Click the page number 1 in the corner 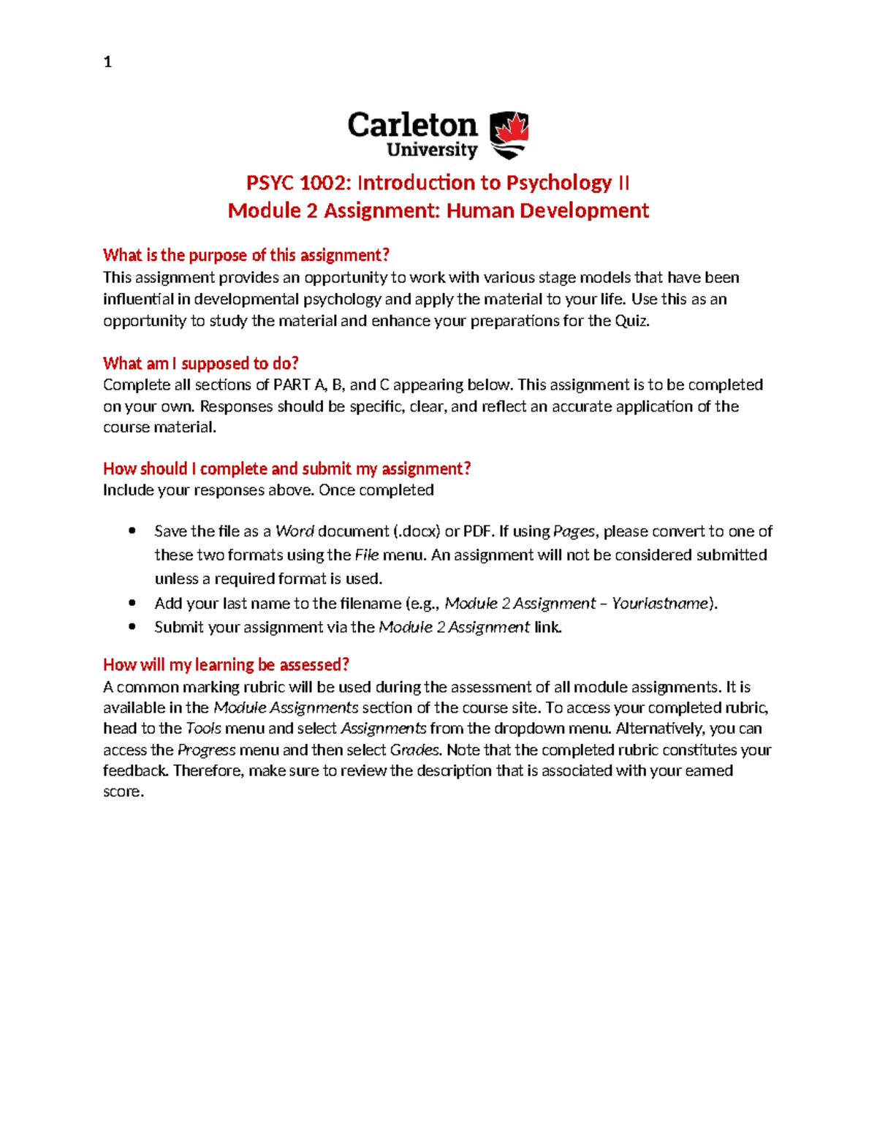click(107, 62)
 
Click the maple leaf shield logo click(509, 135)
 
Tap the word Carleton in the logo click(412, 125)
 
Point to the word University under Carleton click(431, 150)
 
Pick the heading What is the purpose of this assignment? click(246, 255)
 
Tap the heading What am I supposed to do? click(200, 363)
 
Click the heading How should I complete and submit click(286, 468)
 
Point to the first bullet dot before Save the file click(132, 531)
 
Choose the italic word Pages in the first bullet click(574, 531)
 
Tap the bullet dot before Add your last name click(132, 603)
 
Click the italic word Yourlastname click(660, 603)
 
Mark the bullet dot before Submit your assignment click(132, 627)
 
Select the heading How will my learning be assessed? click(226, 664)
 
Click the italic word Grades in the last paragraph click(414, 750)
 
